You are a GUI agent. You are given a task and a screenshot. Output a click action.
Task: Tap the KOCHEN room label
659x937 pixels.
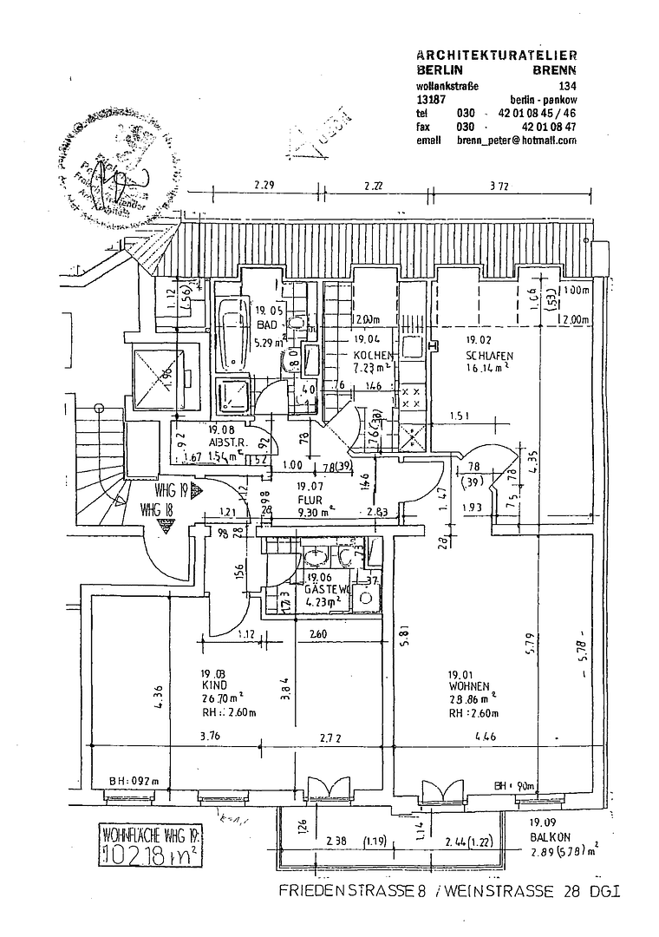[x=374, y=357]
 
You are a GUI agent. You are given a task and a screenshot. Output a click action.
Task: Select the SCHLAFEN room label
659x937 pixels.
[x=489, y=356]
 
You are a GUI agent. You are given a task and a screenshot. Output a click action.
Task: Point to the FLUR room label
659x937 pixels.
[x=310, y=500]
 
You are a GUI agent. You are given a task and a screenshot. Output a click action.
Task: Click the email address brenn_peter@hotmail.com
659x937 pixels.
[x=517, y=140]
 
